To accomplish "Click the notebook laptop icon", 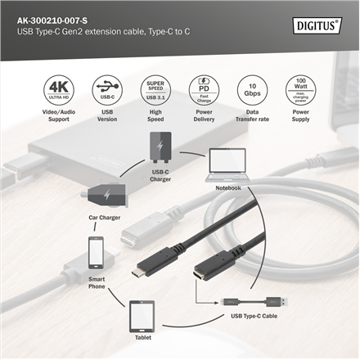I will [228, 166].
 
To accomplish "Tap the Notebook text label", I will [228, 187].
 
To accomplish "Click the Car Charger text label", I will [105, 218].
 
